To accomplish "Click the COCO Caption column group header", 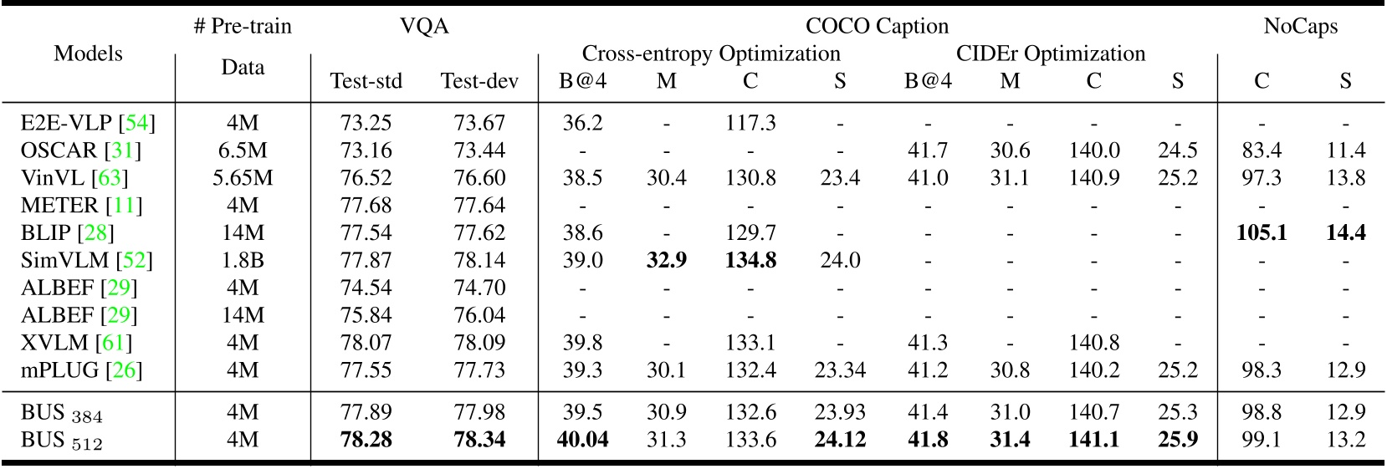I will pyautogui.click(x=877, y=26).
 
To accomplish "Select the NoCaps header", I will pyautogui.click(x=1300, y=26).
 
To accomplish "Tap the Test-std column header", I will pyautogui.click(x=366, y=81).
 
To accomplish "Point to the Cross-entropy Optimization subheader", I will pyautogui.click(x=711, y=54).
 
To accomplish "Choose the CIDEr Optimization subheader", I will pyautogui.click(x=1051, y=54).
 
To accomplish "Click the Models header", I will pyautogui.click(x=88, y=54).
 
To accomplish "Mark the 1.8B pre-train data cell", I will pyautogui.click(x=243, y=260).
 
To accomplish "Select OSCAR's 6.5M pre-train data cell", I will pyautogui.click(x=243, y=150).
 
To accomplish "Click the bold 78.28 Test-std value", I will pyautogui.click(x=366, y=440).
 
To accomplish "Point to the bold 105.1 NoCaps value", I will pyautogui.click(x=1261, y=232).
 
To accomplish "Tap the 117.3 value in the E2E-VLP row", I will pyautogui.click(x=750, y=123).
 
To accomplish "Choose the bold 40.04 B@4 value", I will pyautogui.click(x=582, y=440).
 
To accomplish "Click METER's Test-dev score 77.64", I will pyautogui.click(x=479, y=206).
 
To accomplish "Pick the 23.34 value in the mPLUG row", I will pyautogui.click(x=840, y=370).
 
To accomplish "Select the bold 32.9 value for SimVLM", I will pyautogui.click(x=666, y=260).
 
